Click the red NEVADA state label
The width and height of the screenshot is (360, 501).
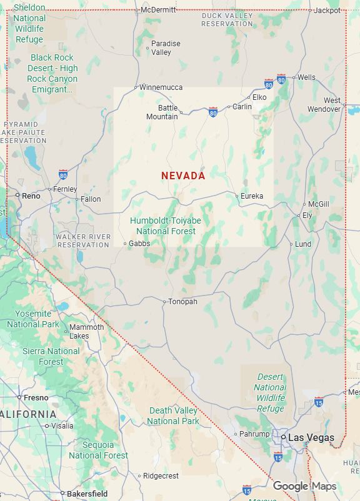click(x=183, y=176)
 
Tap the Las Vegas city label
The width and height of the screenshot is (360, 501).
click(x=311, y=437)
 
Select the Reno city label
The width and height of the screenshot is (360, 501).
click(x=31, y=196)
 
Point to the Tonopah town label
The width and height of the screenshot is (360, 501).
click(x=182, y=302)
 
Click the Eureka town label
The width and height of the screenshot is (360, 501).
click(x=252, y=196)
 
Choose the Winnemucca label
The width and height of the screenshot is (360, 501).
click(x=161, y=87)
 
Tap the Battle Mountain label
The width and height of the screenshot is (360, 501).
click(x=162, y=112)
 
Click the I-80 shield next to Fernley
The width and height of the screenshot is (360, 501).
click(x=63, y=174)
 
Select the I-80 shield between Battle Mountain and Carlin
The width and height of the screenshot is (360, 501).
click(x=213, y=112)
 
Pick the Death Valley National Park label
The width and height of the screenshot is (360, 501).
click(x=174, y=416)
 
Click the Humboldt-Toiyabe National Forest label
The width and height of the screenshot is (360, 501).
click(x=166, y=226)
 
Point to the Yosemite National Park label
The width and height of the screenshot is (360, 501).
click(x=33, y=319)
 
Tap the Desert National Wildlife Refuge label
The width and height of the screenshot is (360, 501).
click(x=271, y=393)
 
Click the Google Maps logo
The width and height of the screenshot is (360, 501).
click(x=304, y=486)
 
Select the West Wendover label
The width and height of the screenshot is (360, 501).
click(x=324, y=104)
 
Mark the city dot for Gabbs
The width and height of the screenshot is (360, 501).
click(x=125, y=244)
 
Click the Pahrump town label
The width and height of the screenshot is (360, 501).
click(x=254, y=434)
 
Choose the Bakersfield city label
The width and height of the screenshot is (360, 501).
click(x=87, y=494)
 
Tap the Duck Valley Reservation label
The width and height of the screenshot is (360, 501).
click(x=227, y=19)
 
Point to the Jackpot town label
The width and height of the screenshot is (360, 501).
click(x=327, y=11)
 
